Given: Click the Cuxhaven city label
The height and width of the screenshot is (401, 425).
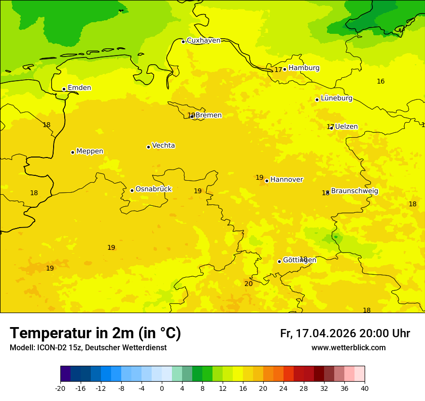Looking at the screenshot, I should (203, 41).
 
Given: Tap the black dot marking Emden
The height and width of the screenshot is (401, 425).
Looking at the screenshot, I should (64, 89).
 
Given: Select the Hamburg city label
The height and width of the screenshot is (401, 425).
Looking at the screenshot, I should (304, 68).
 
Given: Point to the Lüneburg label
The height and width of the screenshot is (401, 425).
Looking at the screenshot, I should (336, 99).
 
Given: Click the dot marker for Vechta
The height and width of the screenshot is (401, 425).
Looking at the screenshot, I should (148, 147).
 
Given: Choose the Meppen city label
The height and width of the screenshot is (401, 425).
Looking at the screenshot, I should (89, 151).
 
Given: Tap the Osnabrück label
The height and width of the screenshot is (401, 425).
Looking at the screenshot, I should (153, 189).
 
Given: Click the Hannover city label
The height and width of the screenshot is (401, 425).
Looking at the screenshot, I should (286, 180).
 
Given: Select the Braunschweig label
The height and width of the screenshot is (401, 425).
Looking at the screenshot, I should (354, 191).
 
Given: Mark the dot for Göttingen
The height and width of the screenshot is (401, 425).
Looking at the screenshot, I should (279, 261).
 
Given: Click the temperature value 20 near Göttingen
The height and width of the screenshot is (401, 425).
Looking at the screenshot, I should (248, 284).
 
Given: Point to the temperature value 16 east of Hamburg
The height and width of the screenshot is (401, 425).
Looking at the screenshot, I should (381, 81).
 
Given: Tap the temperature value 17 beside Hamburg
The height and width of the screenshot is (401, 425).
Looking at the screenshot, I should (278, 70).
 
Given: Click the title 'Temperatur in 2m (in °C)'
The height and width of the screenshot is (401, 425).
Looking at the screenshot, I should (95, 333).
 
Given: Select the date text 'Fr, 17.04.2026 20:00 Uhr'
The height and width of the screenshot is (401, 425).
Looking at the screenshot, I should (345, 334).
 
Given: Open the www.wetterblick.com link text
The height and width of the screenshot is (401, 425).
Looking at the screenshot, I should (348, 348).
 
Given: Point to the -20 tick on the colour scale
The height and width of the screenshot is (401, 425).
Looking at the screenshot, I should (60, 388).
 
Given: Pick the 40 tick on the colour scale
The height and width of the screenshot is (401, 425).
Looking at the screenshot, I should (365, 388).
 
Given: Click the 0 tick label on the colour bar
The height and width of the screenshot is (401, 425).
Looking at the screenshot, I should (162, 388).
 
